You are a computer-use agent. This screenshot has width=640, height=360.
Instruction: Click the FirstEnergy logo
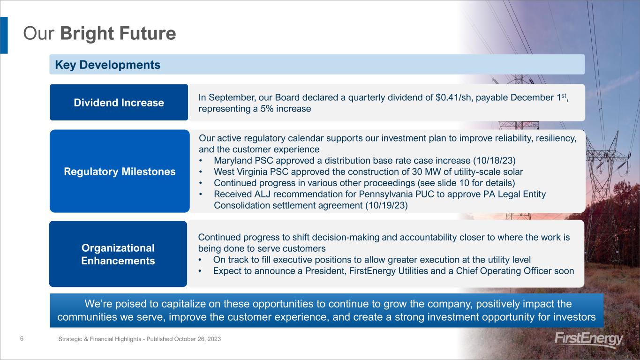click(x=588, y=340)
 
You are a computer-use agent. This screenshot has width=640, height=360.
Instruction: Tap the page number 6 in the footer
click(x=22, y=338)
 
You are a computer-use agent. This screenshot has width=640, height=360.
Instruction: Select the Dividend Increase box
click(x=119, y=102)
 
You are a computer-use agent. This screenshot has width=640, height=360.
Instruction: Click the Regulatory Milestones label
click(x=120, y=172)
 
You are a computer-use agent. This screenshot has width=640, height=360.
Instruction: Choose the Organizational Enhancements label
click(x=118, y=254)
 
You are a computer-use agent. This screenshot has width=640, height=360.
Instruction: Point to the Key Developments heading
click(x=107, y=65)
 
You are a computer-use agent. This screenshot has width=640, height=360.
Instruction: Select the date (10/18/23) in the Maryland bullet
click(x=494, y=161)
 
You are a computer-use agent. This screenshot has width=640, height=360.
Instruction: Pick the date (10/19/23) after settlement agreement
click(x=386, y=205)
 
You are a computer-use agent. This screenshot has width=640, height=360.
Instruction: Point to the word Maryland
click(x=233, y=161)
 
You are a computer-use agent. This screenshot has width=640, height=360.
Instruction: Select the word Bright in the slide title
click(x=87, y=33)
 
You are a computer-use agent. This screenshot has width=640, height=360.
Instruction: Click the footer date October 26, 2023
click(x=197, y=339)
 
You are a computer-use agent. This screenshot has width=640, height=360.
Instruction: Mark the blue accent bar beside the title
click(x=4, y=35)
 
